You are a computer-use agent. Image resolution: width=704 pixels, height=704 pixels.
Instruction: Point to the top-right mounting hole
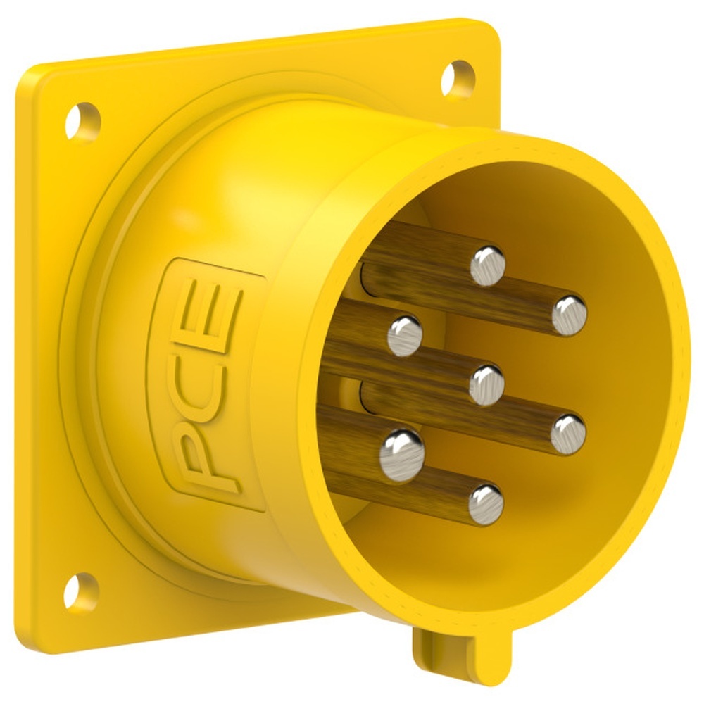pyautogui.click(x=458, y=78)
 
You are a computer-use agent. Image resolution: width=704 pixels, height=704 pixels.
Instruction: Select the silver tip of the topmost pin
pyautogui.click(x=488, y=265)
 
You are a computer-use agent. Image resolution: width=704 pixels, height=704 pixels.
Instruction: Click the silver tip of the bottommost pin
pyautogui.click(x=486, y=504)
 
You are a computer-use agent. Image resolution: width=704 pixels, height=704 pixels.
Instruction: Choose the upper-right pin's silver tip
pyautogui.click(x=569, y=315)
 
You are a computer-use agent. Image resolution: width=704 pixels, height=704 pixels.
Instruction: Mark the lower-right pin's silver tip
pyautogui.click(x=568, y=434)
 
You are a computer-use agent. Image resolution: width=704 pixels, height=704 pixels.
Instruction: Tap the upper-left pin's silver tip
pyautogui.click(x=405, y=334)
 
